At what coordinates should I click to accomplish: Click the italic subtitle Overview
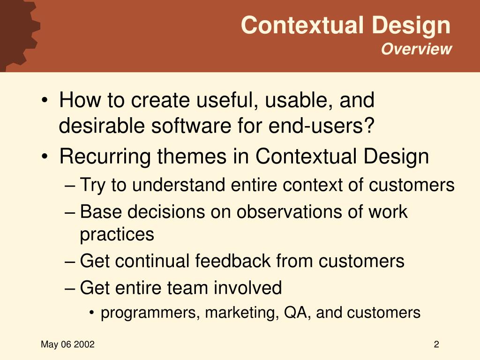[x=416, y=49]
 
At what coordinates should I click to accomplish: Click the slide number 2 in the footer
[x=436, y=345]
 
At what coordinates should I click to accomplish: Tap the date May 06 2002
[x=68, y=345]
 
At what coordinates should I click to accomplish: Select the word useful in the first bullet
[x=224, y=101]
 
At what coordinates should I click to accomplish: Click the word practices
[x=117, y=234]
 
